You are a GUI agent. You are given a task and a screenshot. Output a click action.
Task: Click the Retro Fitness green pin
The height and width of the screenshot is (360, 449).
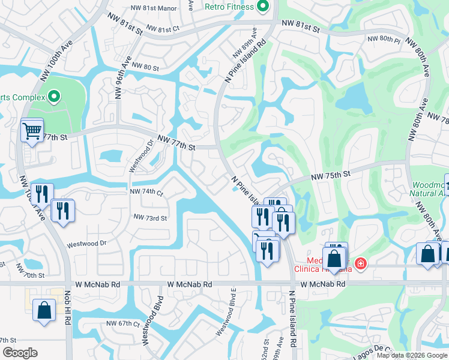coord(262,7)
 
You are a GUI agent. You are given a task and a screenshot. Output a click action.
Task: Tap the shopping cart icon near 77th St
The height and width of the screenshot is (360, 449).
coord(32,130)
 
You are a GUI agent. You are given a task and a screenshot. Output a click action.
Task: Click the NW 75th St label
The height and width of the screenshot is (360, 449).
coord(330,175)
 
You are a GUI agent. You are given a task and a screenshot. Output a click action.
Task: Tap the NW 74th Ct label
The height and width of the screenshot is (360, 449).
coord(147,192)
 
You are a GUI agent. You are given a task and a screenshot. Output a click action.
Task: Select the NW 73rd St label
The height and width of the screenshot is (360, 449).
coord(150,218)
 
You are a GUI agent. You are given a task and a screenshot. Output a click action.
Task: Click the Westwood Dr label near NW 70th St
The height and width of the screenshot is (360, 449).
coord(86,244)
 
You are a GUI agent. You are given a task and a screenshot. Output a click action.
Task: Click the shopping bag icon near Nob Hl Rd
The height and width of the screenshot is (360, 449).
coord(44,311)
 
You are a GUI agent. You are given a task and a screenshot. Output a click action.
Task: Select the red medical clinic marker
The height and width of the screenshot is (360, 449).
coord(360,263)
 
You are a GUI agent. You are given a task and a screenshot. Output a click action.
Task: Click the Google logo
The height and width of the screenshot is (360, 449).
coord(20,353)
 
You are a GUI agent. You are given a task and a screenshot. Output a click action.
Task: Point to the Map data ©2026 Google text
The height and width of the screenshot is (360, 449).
coord(411,355)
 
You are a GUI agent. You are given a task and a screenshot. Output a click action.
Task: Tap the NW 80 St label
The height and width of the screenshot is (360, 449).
coord(145,67)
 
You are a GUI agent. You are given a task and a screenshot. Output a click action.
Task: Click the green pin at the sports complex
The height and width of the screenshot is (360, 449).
coord(54,97)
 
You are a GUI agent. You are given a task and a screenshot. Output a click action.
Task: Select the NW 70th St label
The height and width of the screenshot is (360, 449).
coord(33,275)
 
